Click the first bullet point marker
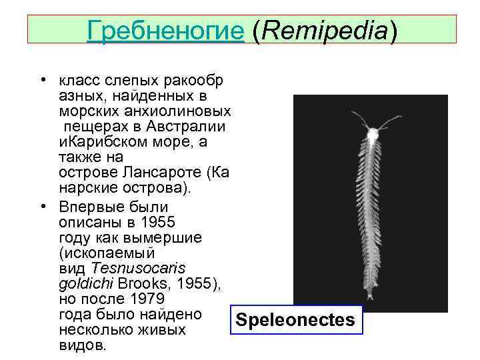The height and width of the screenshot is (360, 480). pyautogui.click(x=42, y=81)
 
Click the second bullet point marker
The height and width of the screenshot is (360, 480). pyautogui.click(x=42, y=207)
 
